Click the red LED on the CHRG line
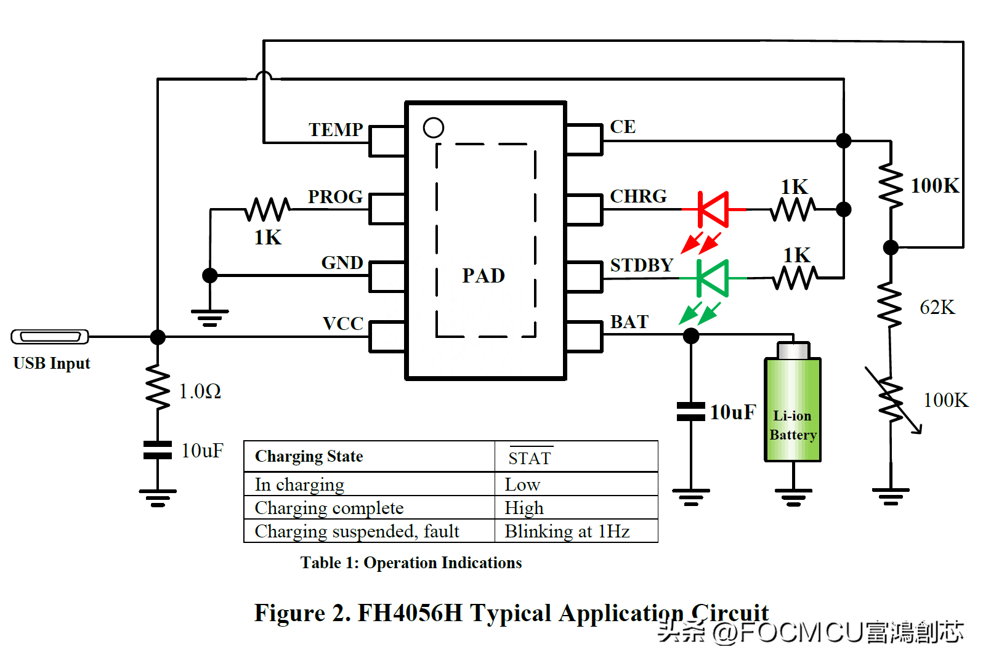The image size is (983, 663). coord(714,209)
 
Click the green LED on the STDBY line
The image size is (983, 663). coord(713,278)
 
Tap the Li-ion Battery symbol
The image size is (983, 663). coord(793,409)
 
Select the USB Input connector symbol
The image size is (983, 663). coord(50,337)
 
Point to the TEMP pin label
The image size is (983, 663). coord(336,130)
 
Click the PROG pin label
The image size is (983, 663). coord(335,197)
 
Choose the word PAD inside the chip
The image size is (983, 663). coord(483,276)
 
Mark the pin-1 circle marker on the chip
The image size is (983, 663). coord(434,128)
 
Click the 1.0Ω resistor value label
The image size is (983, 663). coord(200,392)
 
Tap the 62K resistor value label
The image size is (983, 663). coord(937,307)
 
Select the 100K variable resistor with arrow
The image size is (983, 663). coord(891,401)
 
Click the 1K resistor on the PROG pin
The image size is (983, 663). coord(267,209)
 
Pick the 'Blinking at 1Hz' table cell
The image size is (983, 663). coord(567,531)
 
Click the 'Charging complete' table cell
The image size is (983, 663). coord(329,508)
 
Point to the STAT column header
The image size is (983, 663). coord(530,458)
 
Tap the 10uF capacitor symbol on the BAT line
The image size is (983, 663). coord(691,412)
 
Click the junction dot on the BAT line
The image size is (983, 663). coord(691,336)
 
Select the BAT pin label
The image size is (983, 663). coord(629,322)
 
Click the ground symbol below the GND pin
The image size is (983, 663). coord(210,317)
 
